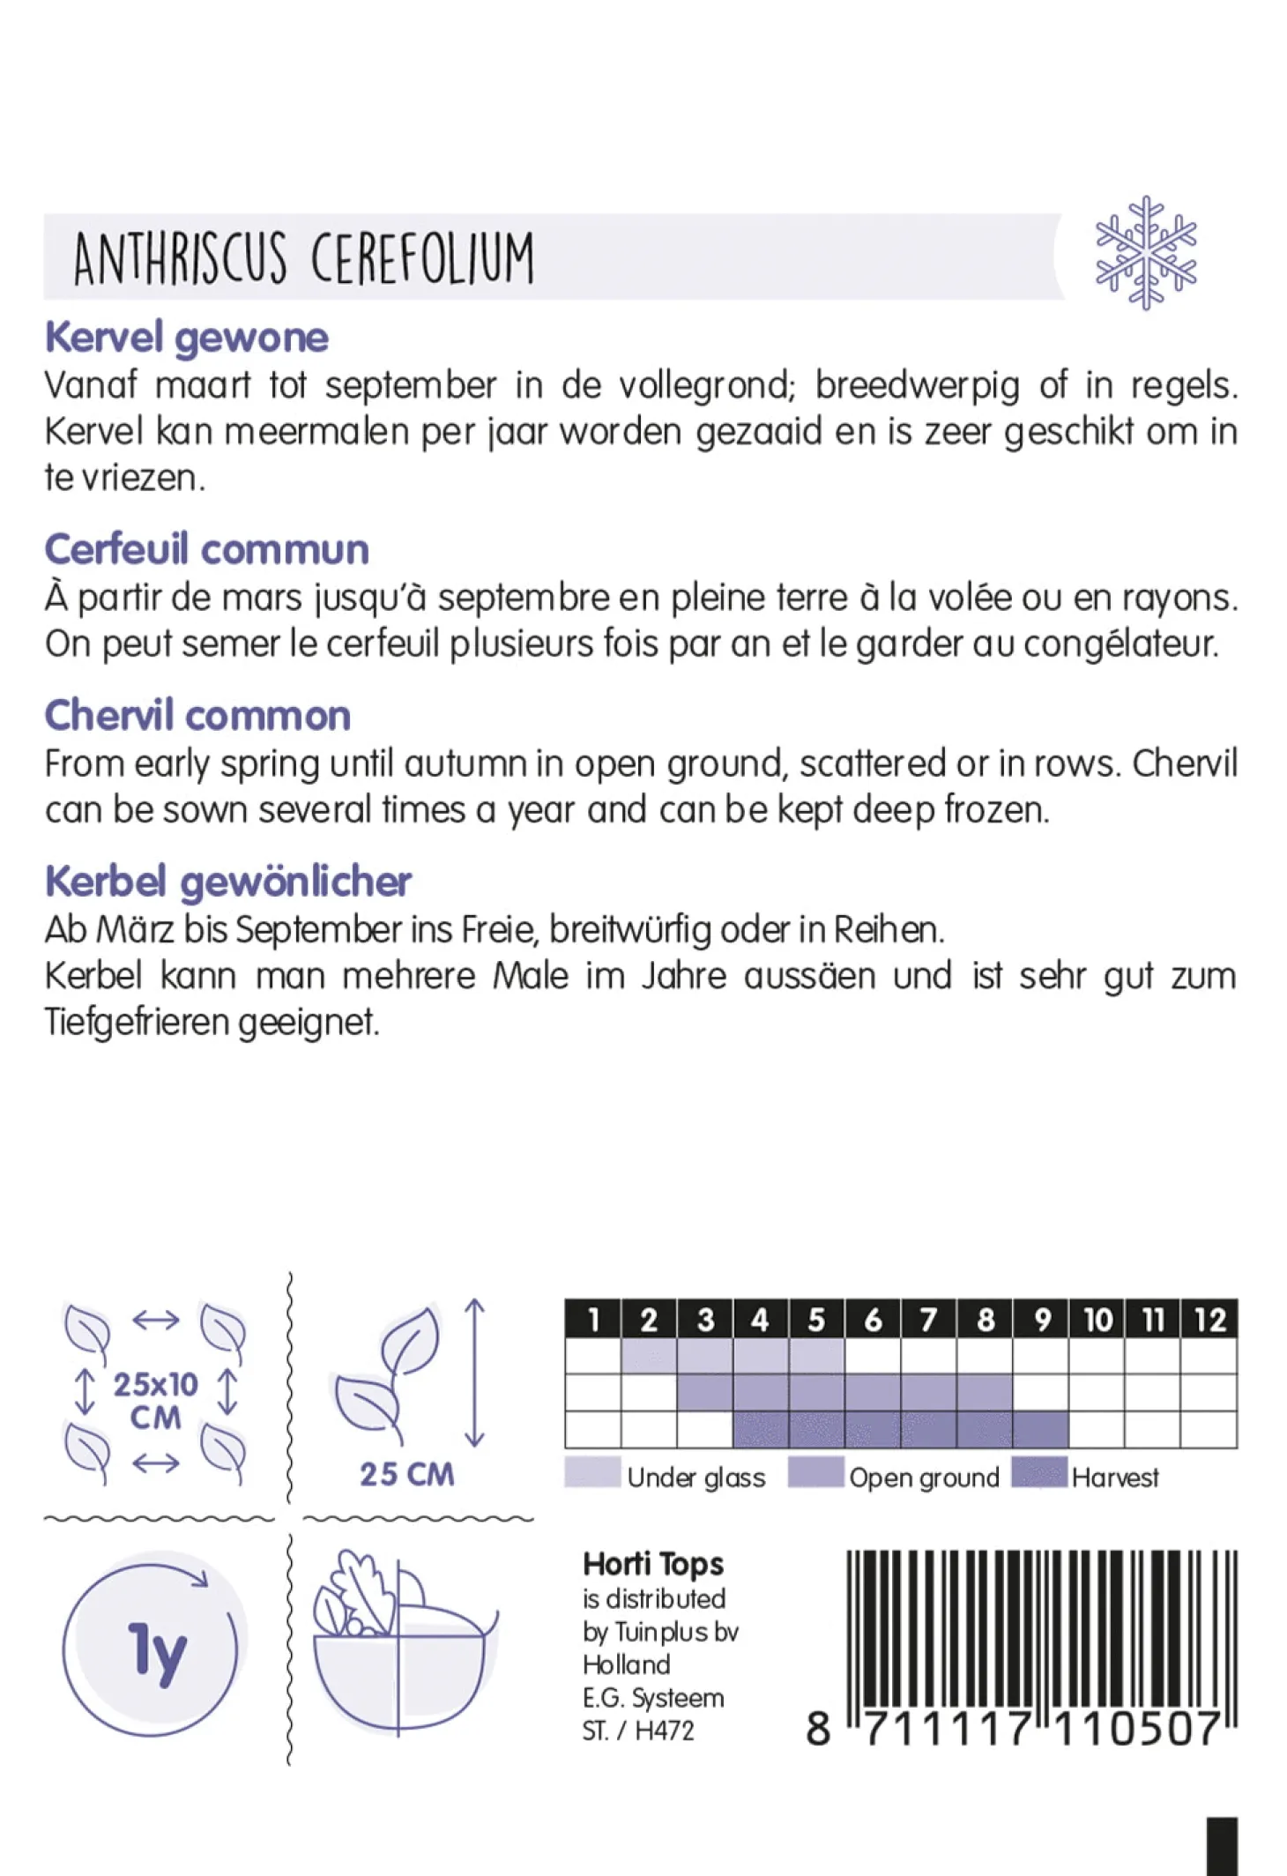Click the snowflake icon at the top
point(1145,253)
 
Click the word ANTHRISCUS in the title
point(180,259)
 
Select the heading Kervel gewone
point(187,338)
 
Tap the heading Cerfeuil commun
point(206,549)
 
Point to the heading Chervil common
point(197,715)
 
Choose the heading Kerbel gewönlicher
point(228,882)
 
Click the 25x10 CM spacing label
point(155,1400)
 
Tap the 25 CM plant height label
point(406,1474)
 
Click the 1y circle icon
point(152,1649)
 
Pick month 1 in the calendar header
point(593,1320)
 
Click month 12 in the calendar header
point(1209,1320)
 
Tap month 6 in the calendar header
point(873,1320)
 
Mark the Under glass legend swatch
point(592,1472)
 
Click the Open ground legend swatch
point(815,1472)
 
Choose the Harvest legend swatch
point(1039,1472)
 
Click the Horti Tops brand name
point(652,1564)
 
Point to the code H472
point(664,1731)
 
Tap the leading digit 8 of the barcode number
point(818,1729)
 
